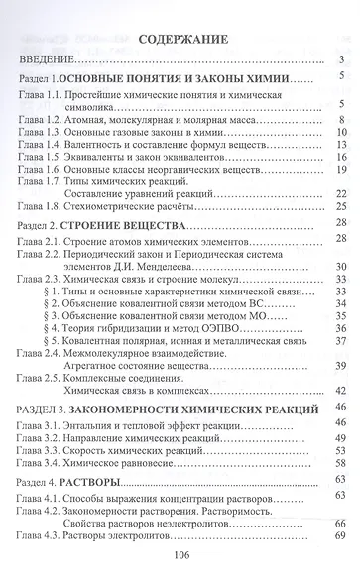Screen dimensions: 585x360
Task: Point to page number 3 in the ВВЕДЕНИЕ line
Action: [x=340, y=61]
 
